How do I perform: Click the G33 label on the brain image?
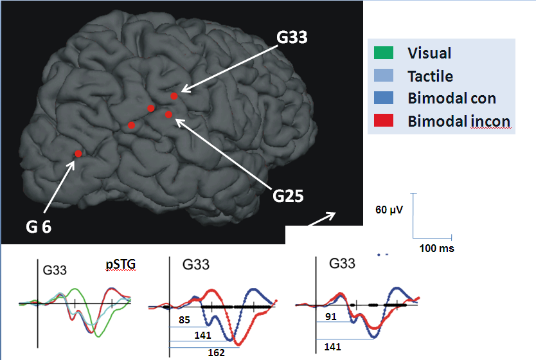coord(292,37)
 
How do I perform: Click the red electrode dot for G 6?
coord(78,154)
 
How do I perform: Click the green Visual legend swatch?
coord(384,53)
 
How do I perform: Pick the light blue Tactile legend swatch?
coord(384,76)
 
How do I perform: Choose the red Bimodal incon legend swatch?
coord(384,121)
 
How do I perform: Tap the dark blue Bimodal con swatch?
coord(384,98)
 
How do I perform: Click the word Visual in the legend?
coord(429,53)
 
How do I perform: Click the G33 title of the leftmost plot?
coord(56,270)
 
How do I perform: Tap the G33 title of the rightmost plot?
coord(343,264)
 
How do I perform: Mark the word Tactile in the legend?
coord(430,76)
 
